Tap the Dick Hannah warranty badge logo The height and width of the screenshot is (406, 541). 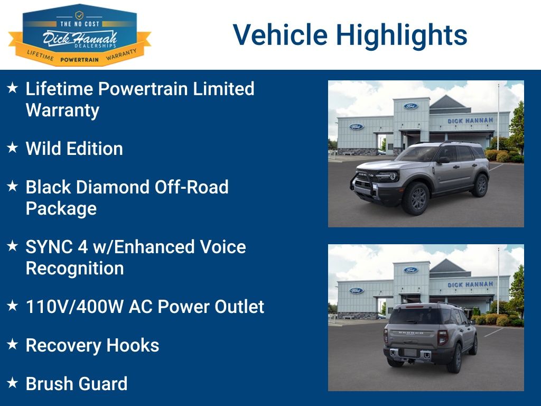[x=80, y=34]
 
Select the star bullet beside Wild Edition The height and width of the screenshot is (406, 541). [x=13, y=147]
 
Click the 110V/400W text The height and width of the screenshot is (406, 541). [x=74, y=307]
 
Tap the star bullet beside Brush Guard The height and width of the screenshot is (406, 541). [x=13, y=383]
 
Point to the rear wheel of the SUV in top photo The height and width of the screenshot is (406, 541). [x=481, y=186]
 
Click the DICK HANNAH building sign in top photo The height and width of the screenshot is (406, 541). [x=470, y=121]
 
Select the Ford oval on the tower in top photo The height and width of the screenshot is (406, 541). [x=411, y=106]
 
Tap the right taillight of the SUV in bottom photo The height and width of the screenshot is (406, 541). [x=442, y=338]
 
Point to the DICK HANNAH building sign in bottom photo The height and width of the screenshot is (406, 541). [x=470, y=284]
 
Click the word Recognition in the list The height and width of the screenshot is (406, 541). [x=75, y=269]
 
